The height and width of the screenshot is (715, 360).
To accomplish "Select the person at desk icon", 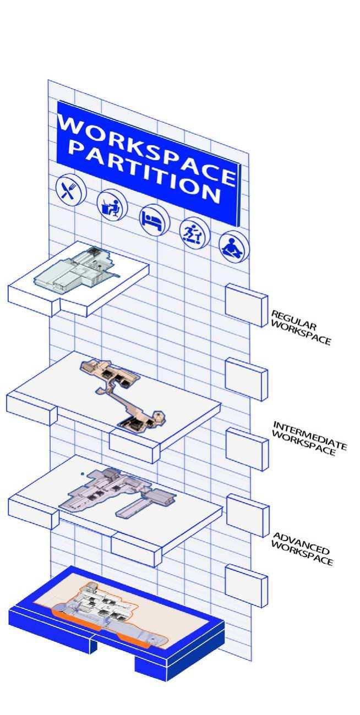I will click(x=112, y=205).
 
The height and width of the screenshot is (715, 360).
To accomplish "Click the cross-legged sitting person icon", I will click(x=234, y=247).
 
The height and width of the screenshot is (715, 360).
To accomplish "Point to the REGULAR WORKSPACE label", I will click(x=301, y=328).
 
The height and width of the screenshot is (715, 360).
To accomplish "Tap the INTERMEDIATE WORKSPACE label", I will click(x=308, y=438).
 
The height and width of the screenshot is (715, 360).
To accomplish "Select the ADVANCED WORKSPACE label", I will click(x=302, y=548).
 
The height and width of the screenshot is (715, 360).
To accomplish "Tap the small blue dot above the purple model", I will click(x=82, y=473).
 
